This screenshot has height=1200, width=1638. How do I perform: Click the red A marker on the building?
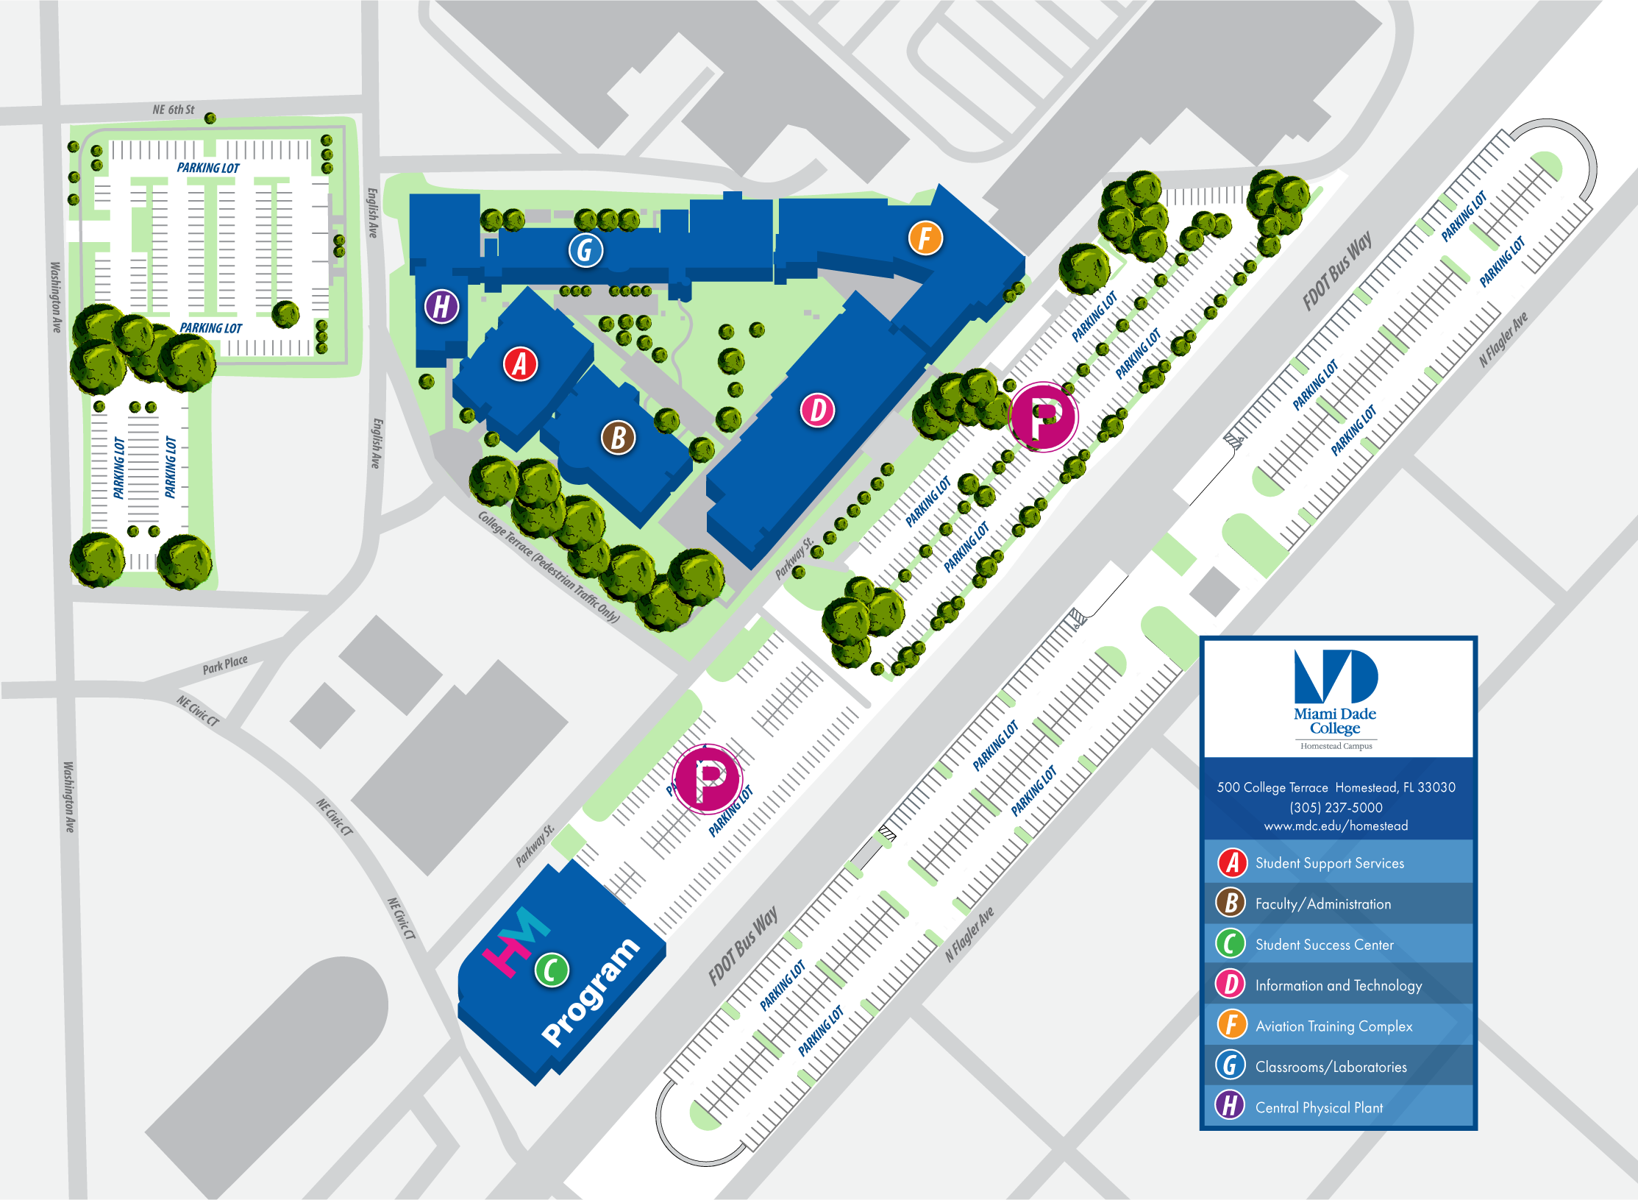tap(520, 363)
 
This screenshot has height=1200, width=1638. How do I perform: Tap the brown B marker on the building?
tap(618, 438)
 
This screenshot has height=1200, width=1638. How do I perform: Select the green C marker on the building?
tap(552, 970)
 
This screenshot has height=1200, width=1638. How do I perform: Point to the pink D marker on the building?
tap(817, 410)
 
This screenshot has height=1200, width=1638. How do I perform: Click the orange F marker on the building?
tap(925, 238)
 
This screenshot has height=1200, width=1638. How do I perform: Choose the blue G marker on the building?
tap(585, 250)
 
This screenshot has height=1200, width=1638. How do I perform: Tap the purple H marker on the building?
tap(441, 306)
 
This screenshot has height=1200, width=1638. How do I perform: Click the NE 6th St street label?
tap(174, 110)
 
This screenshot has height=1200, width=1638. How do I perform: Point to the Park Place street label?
tap(225, 664)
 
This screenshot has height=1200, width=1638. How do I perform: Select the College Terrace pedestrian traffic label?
tap(549, 567)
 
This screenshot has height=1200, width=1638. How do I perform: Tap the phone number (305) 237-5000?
tap(1336, 807)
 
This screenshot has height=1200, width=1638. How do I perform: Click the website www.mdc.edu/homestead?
tap(1336, 826)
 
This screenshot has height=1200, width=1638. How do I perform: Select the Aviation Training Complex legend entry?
tap(1333, 1026)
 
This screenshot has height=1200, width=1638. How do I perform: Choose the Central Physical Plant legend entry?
tap(1319, 1107)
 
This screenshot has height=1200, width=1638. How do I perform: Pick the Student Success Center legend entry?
tap(1324, 945)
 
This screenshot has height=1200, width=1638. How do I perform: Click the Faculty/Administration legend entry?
tap(1322, 904)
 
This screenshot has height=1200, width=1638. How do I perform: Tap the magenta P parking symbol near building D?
tap(1044, 417)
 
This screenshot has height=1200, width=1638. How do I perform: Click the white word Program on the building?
tap(591, 990)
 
